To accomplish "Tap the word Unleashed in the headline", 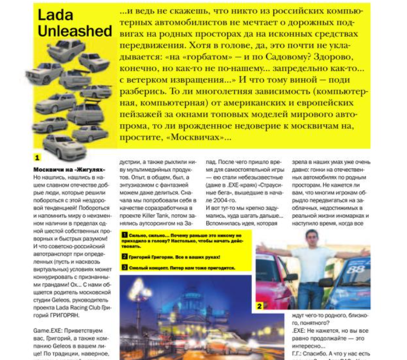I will point(75,31).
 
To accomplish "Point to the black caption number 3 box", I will point(125,267).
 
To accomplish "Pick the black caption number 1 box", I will point(125,234).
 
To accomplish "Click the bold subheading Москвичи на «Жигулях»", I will point(69,170).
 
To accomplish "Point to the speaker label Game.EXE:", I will point(49,331).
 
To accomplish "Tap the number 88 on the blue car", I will point(357,270).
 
